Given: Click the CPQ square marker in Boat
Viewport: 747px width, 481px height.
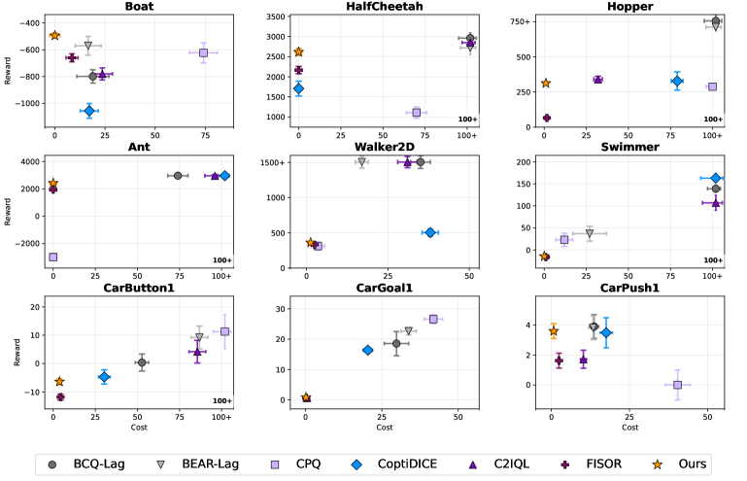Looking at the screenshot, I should point(203,52).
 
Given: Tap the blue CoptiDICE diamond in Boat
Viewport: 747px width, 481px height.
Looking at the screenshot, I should point(88,111).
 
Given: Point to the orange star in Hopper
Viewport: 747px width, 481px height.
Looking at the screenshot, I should point(546,84).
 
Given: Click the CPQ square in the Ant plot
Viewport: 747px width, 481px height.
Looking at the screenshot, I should point(53,258).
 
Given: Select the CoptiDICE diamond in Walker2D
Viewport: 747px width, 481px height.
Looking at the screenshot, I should point(429,232).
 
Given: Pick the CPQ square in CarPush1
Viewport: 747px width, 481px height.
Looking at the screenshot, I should point(678,385).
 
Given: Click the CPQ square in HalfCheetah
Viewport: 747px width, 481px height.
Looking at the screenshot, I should point(417,113).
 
